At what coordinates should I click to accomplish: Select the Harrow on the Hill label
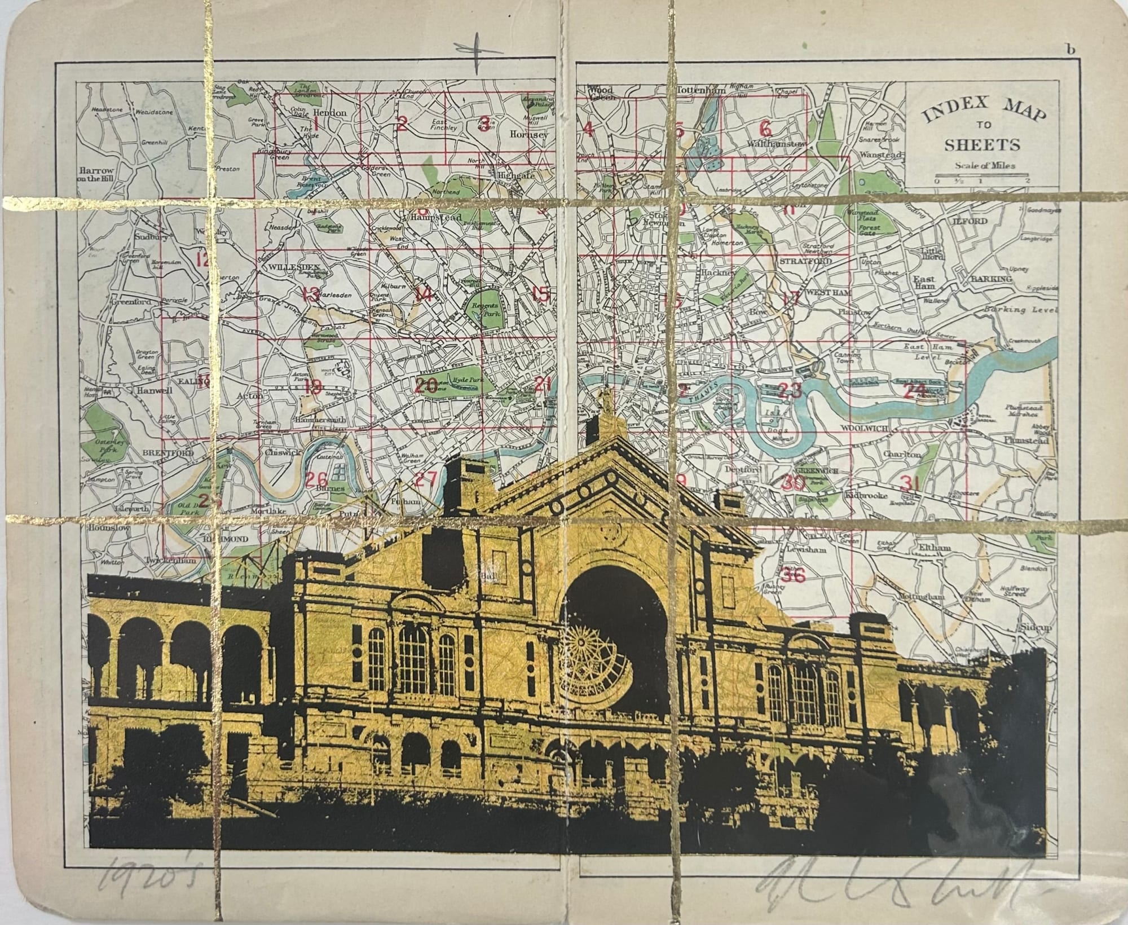point(97,174)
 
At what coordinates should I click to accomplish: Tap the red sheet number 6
point(765,128)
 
